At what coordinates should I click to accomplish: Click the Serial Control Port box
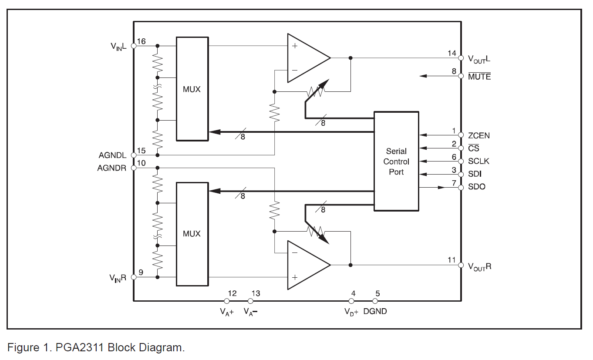tap(396, 161)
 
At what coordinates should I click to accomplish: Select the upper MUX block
tap(192, 89)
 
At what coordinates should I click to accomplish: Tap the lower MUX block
tap(192, 234)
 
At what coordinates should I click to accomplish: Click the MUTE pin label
tap(479, 76)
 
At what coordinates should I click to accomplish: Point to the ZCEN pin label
tap(478, 135)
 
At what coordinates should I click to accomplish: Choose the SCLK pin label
tap(478, 161)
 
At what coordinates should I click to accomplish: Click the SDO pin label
tap(476, 187)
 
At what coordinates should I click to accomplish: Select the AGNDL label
tap(112, 155)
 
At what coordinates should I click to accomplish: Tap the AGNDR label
tap(111, 168)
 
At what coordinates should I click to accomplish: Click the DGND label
tap(375, 311)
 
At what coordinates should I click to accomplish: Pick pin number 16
tap(142, 41)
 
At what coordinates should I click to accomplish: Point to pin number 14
tap(452, 54)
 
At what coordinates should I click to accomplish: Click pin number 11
tap(451, 260)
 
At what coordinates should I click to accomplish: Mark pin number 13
tap(256, 293)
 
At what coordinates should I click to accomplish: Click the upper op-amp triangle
tap(309, 58)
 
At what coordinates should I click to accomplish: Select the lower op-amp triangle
tap(309, 265)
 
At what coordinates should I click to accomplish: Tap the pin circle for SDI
tap(461, 175)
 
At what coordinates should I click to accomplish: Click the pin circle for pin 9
tap(134, 277)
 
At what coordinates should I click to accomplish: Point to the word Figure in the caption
tap(24, 347)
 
